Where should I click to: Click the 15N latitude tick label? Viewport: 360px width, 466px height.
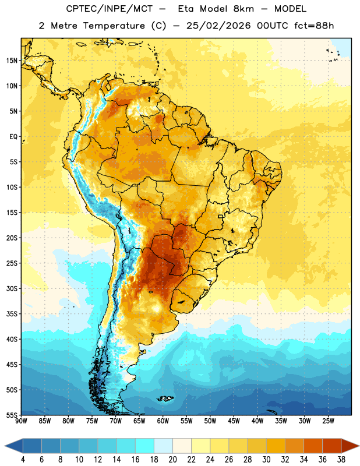pos(12,61)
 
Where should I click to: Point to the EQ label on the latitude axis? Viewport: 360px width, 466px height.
pos(13,137)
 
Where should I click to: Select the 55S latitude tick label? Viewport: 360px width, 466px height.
pos(12,415)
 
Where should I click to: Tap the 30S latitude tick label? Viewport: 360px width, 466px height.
pos(12,288)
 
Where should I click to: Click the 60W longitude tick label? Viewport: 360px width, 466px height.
pos(163,421)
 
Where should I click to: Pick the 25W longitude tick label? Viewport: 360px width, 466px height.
pos(328,421)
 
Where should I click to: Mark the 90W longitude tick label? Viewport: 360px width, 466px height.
pos(21,421)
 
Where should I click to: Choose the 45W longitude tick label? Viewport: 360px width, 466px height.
pos(234,421)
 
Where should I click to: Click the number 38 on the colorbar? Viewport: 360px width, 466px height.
pos(341,460)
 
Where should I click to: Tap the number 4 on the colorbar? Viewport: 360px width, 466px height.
pos(23,460)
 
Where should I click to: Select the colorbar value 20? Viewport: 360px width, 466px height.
pos(172,460)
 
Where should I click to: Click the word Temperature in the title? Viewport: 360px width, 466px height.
pos(114,26)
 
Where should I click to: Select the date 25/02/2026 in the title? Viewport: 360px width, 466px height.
pos(218,26)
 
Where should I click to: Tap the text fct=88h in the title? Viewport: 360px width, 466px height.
pos(314,26)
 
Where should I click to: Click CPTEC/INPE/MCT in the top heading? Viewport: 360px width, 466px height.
pos(110,9)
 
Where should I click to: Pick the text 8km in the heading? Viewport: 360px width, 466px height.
pos(243,9)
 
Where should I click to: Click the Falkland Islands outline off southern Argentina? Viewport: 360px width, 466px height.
pos(165,398)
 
